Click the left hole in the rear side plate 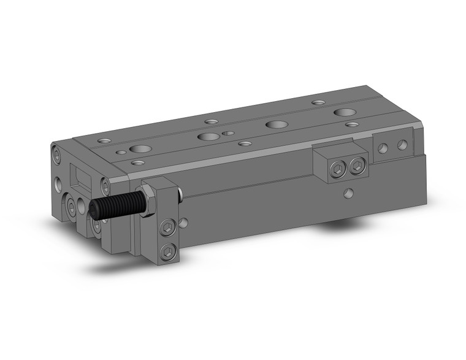[383, 148]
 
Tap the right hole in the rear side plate [402, 145]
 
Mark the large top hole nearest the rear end [344, 113]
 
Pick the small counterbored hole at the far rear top [317, 102]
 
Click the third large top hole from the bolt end [276, 124]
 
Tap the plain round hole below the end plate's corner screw [57, 182]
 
